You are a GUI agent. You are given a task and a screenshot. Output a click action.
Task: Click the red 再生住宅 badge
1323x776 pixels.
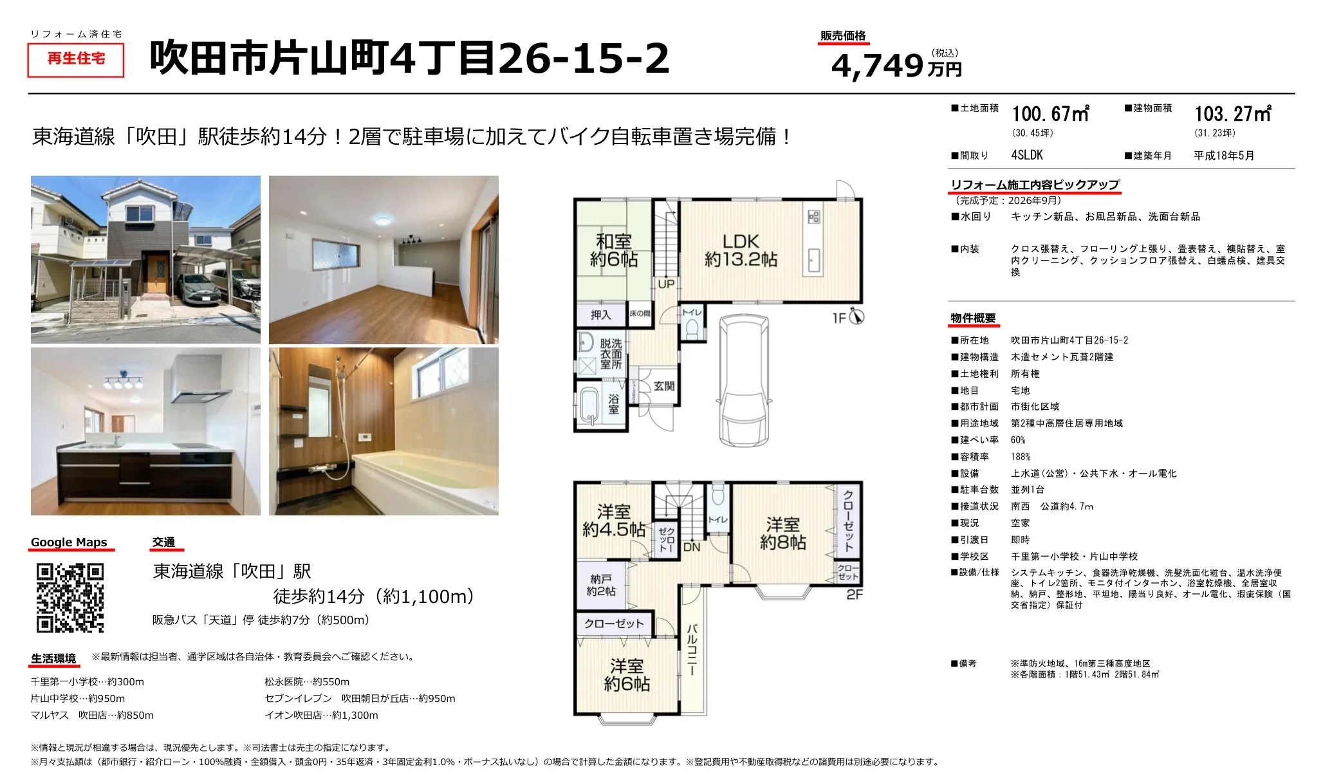tap(76, 59)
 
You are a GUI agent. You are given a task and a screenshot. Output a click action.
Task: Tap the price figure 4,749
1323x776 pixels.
tap(878, 66)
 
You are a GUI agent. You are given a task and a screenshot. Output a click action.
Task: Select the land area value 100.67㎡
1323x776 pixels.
tap(1050, 114)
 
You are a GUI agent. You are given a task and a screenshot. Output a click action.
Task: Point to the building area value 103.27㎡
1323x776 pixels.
tap(1233, 114)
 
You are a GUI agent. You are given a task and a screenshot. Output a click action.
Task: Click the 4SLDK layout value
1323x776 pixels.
tap(1027, 155)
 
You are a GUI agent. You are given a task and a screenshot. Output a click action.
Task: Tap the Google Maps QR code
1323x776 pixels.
tap(70, 598)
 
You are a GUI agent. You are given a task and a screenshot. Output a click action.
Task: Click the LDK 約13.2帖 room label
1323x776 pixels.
tap(741, 250)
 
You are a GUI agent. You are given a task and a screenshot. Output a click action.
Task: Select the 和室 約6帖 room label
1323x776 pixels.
tap(614, 250)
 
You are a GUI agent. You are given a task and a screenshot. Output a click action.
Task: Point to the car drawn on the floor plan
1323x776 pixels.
tap(744, 380)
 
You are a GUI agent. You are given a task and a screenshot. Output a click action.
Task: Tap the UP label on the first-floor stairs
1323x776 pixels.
tap(667, 284)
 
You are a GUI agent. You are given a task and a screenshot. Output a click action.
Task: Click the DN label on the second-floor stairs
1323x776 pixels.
tap(692, 548)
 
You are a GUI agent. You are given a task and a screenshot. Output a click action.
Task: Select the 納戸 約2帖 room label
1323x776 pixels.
tap(601, 585)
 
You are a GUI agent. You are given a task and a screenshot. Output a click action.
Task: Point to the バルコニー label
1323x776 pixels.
tap(692, 649)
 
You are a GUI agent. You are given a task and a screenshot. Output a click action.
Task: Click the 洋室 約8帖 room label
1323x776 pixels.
tap(783, 534)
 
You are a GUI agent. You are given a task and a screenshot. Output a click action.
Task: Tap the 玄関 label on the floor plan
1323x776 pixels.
tap(664, 386)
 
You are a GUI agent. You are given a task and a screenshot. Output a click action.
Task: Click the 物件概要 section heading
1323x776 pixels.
tap(973, 319)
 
